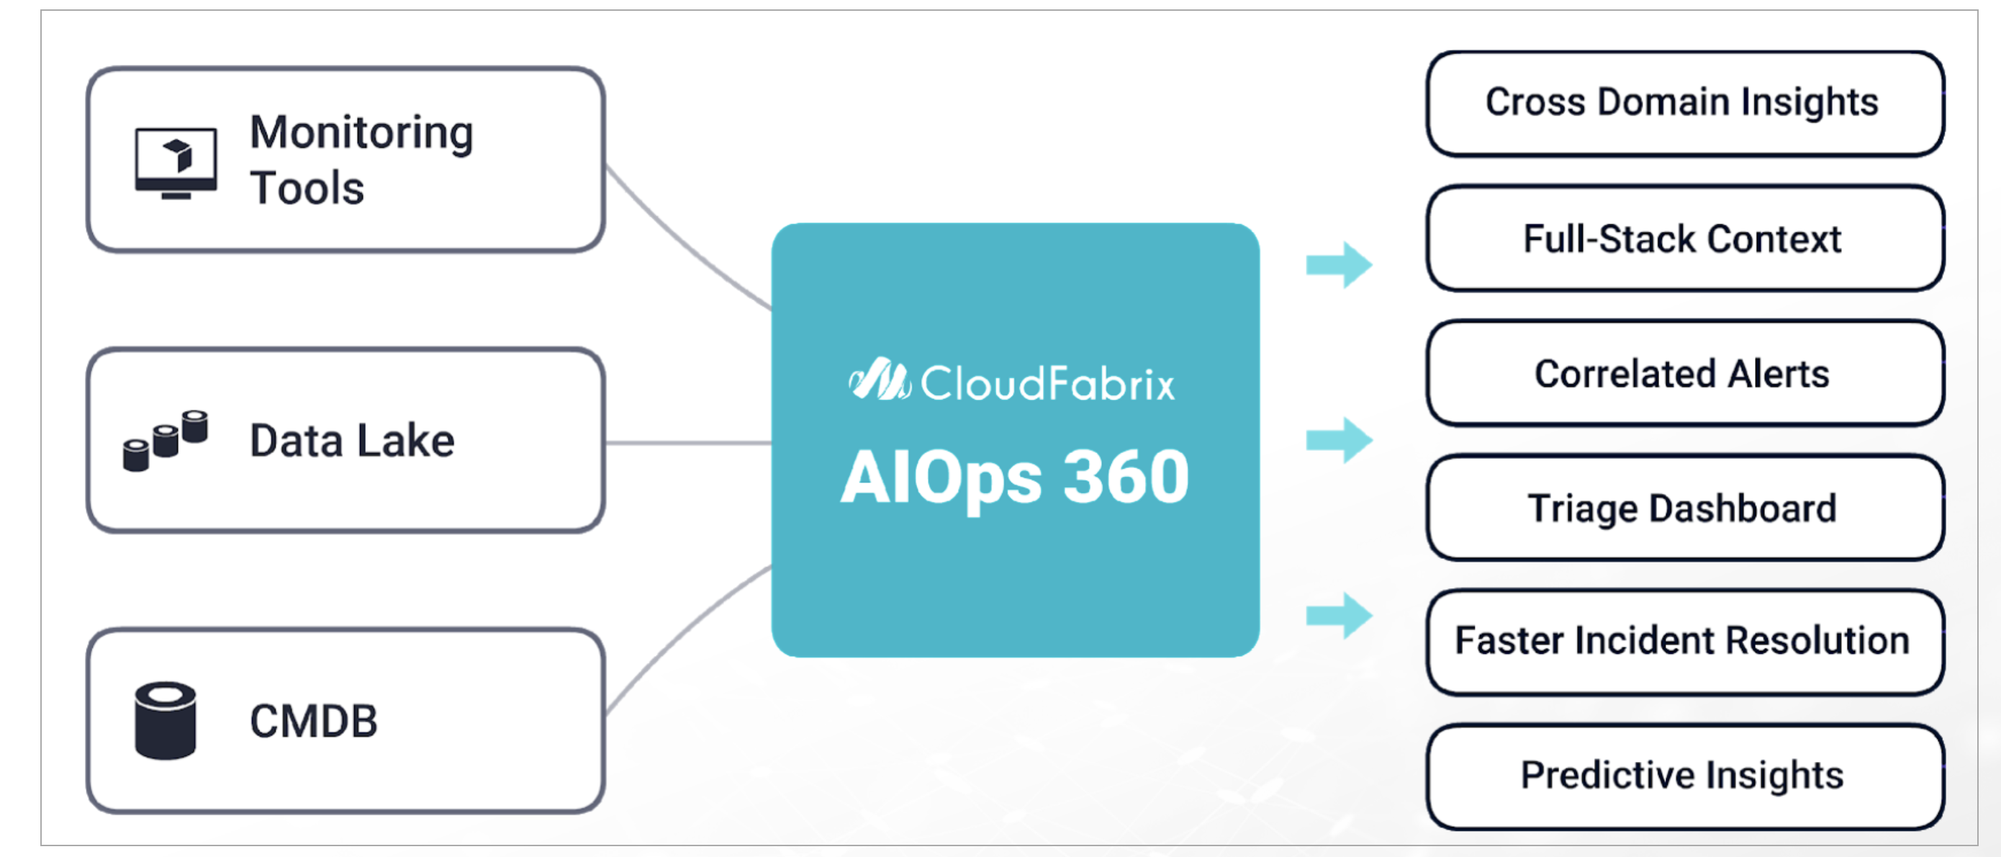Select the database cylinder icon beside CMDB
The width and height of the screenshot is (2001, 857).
tap(166, 720)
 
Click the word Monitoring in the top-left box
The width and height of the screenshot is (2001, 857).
tap(361, 132)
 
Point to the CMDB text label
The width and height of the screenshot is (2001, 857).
tap(313, 721)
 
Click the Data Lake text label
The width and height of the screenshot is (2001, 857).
tap(352, 441)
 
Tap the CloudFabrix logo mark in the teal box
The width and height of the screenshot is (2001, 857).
tap(879, 381)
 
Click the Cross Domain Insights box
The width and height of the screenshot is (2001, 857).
tap(1684, 103)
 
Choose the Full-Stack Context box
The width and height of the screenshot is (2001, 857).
tap(1684, 238)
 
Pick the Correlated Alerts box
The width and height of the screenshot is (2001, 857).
tap(1684, 374)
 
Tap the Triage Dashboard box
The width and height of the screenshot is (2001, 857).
tap(1684, 508)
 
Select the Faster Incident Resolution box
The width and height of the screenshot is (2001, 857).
tap(1684, 642)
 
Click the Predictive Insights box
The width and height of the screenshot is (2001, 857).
tap(1684, 776)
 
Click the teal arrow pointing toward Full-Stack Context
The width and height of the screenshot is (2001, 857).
tap(1338, 265)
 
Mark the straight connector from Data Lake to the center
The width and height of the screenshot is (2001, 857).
tap(687, 443)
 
